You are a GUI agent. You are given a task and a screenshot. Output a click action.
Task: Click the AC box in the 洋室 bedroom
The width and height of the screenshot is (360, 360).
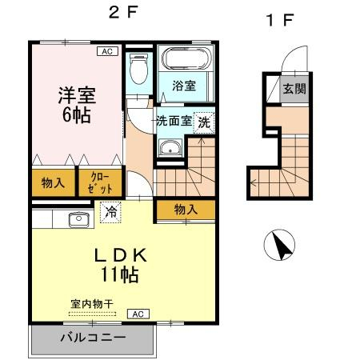point(107,51)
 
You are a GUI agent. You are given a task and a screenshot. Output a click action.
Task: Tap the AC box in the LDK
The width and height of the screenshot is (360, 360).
point(138,314)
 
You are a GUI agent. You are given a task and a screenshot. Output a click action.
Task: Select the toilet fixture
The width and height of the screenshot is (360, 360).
point(138,69)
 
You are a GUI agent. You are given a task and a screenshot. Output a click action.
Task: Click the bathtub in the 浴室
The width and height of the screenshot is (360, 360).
point(186,59)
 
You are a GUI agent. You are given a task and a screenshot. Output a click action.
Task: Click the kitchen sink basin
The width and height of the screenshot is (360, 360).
point(78,219)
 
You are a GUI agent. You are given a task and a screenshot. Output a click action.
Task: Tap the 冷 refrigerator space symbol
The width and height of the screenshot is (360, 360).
point(110,212)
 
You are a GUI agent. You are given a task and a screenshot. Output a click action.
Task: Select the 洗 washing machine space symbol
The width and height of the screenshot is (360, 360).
point(204,122)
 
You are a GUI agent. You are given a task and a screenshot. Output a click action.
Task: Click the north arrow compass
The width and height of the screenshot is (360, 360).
point(279,245)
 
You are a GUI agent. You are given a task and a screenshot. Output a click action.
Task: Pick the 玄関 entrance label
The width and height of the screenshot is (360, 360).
point(294,89)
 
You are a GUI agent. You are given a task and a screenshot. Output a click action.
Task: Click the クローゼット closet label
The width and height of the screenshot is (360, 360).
point(100,182)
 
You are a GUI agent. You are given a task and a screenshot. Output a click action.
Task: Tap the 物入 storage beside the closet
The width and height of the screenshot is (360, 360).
point(53,183)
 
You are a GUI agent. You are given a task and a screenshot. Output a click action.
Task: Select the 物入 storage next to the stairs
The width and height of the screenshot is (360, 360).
point(186,210)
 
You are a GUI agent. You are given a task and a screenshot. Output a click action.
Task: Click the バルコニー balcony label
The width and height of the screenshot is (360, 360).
point(93,338)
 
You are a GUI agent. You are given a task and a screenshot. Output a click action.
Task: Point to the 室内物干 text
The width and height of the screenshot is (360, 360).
point(92,304)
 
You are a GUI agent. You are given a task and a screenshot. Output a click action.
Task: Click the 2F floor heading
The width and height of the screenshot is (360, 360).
point(123,12)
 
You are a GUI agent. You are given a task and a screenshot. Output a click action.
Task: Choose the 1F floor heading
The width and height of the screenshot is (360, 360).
point(280,20)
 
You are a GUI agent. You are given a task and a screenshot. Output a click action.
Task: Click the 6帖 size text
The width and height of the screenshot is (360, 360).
point(77,115)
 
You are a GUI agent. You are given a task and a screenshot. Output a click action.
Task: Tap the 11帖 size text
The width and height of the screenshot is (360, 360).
point(119,274)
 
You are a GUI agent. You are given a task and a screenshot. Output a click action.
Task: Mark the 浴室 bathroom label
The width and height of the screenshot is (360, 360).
point(184,86)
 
